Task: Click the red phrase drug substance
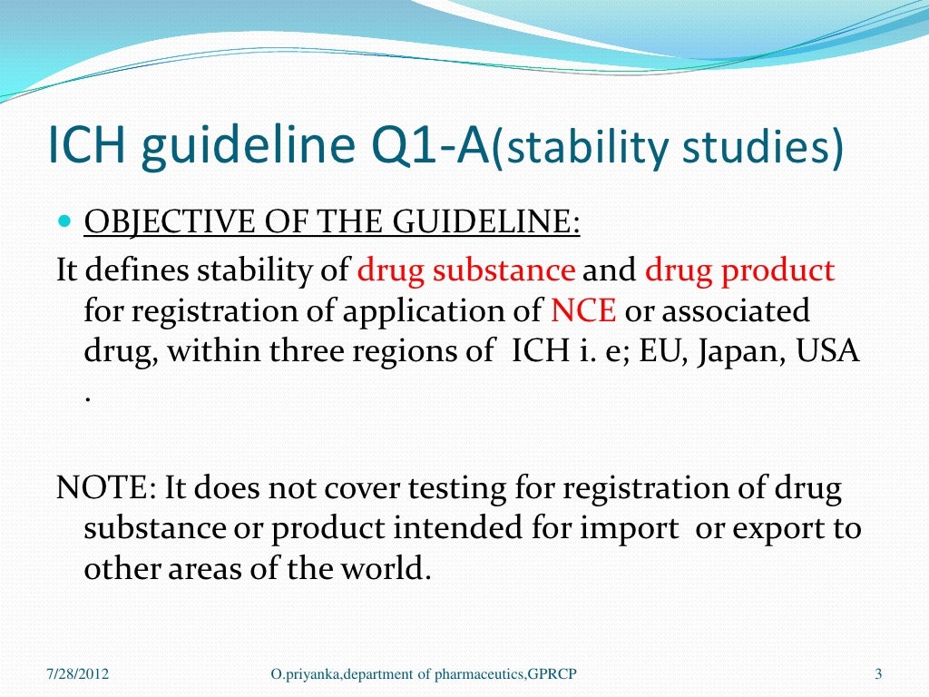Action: point(466,270)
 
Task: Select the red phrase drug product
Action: point(739,270)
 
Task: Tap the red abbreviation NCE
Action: point(583,310)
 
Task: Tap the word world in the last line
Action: point(381,569)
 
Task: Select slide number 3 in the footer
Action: point(878,673)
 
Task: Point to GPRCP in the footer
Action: point(553,673)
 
